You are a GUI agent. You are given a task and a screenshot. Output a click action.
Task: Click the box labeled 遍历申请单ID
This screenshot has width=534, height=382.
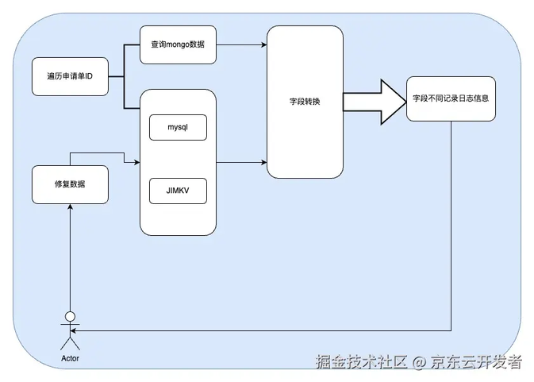pyautogui.click(x=70, y=76)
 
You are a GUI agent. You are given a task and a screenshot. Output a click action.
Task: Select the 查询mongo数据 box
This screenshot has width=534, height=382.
pyautogui.click(x=178, y=44)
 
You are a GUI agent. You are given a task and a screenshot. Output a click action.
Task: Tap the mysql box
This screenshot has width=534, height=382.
pyautogui.click(x=178, y=127)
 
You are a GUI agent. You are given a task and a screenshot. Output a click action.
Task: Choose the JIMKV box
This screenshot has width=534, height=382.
pyautogui.click(x=178, y=191)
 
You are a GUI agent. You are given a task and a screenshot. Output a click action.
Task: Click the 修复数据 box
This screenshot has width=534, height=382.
pyautogui.click(x=70, y=185)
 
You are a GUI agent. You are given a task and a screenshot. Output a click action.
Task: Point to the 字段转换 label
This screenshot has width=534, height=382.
pyautogui.click(x=305, y=102)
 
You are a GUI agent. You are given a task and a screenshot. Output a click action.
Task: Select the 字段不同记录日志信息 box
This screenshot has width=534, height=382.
pyautogui.click(x=451, y=98)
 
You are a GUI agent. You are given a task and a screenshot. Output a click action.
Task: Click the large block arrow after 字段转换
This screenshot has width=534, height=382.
pyautogui.click(x=375, y=102)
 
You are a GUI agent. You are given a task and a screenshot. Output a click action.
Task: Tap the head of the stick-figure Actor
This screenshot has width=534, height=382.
pyautogui.click(x=70, y=317)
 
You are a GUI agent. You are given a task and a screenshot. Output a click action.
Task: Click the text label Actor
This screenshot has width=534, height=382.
pyautogui.click(x=70, y=358)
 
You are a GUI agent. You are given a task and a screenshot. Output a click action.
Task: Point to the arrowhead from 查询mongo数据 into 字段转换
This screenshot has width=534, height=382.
pyautogui.click(x=264, y=44)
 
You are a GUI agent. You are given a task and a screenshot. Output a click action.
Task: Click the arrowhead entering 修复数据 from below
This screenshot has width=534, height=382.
pyautogui.click(x=70, y=206)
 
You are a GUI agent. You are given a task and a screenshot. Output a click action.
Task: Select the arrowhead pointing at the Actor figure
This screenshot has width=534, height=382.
pyautogui.click(x=73, y=330)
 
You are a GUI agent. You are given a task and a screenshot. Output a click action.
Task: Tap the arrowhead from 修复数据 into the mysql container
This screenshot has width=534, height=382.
pyautogui.click(x=137, y=163)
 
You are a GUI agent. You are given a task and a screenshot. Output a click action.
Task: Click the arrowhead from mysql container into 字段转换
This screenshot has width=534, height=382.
pyautogui.click(x=264, y=163)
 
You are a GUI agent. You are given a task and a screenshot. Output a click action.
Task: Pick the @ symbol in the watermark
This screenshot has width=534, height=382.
pyautogui.click(x=419, y=362)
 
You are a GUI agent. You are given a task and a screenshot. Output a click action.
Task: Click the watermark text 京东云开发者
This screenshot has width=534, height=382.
pyautogui.click(x=476, y=361)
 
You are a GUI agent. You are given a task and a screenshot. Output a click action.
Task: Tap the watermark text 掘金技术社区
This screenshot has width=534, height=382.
pyautogui.click(x=362, y=361)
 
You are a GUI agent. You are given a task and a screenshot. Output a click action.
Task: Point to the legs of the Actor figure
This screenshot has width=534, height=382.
pyautogui.click(x=70, y=344)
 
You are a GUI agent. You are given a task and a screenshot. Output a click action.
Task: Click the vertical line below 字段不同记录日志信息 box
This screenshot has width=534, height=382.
pyautogui.click(x=451, y=226)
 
